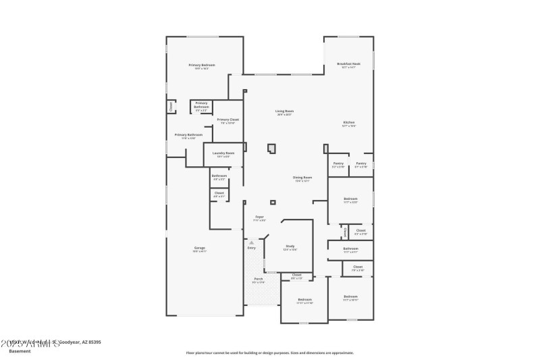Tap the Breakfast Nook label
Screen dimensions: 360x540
[348, 64]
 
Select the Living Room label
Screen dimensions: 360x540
[284, 111]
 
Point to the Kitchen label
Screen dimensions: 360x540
[348, 122]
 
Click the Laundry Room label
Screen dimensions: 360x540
[223, 153]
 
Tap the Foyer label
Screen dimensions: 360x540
[259, 217]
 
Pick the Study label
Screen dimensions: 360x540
[290, 247]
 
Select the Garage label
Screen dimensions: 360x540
[200, 249]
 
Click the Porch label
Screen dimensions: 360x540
[258, 279]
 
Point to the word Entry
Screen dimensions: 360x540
[252, 248]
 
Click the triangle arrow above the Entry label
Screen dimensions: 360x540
[252, 241]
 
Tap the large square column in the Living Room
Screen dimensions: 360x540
[272, 149]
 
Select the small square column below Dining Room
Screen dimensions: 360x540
[273, 202]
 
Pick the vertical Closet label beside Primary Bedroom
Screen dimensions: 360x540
[171, 107]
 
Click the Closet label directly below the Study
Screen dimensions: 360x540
[296, 275]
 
